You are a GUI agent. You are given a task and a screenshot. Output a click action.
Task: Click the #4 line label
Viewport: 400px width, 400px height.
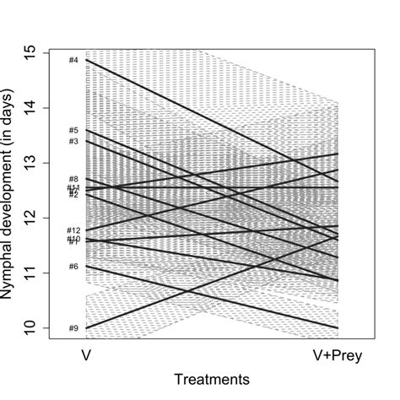(x=73, y=60)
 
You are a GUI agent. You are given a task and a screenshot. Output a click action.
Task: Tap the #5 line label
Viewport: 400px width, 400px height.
(x=73, y=131)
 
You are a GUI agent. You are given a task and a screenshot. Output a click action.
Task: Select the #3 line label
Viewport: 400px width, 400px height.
(x=73, y=141)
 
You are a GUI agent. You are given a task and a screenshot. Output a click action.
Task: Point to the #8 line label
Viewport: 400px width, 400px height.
(x=73, y=179)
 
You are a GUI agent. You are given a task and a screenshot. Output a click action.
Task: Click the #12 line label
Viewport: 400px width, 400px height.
(x=73, y=230)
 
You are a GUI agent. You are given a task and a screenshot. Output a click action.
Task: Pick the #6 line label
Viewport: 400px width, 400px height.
(x=73, y=267)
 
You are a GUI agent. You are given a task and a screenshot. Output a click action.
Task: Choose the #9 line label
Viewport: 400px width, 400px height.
(x=73, y=328)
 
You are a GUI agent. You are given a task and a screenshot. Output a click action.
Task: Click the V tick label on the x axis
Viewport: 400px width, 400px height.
(x=86, y=355)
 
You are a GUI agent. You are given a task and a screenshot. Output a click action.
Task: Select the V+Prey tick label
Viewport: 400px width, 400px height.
(x=335, y=355)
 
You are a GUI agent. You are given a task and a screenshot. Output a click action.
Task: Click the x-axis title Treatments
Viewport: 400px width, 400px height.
(x=211, y=382)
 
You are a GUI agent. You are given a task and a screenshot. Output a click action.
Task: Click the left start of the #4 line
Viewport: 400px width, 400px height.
(x=86, y=60)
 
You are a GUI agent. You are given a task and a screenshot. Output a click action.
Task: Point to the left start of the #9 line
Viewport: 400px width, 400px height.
(x=86, y=327)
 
